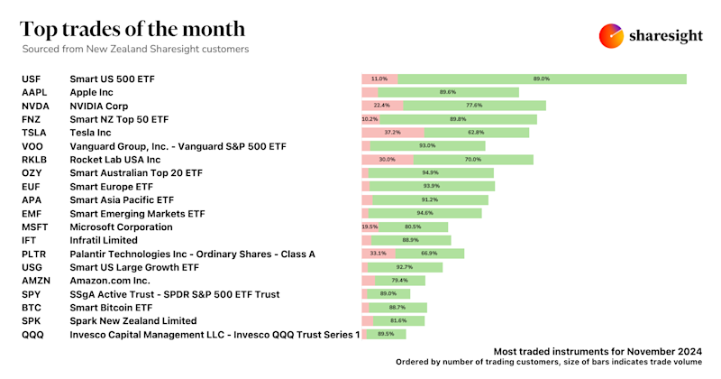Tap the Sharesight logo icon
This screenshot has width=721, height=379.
(x=612, y=35)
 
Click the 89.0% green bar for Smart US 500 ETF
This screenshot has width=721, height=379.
(x=542, y=79)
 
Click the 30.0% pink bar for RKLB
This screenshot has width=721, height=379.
(x=387, y=160)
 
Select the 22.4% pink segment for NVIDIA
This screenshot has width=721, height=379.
(x=381, y=106)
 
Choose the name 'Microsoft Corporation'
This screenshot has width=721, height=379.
(x=121, y=227)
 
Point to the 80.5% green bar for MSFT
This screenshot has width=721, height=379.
(x=414, y=227)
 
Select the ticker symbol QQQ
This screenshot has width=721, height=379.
(x=33, y=335)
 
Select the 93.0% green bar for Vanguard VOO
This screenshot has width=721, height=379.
(x=428, y=146)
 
